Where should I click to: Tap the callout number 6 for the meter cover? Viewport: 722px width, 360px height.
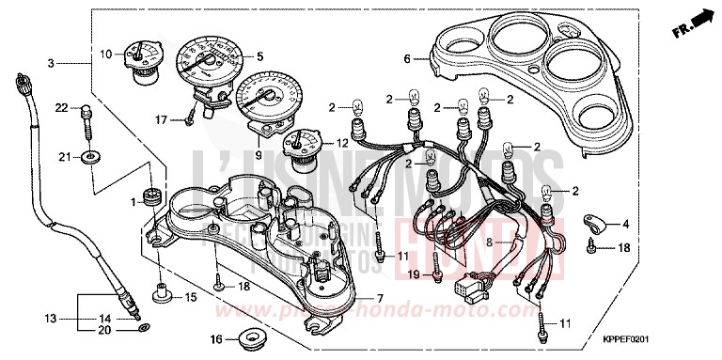tap(408, 58)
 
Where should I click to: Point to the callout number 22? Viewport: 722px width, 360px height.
tap(61, 109)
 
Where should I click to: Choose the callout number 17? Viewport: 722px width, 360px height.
tap(162, 119)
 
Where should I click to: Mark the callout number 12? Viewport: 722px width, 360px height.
tap(342, 143)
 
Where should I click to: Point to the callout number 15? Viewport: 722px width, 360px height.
tap(191, 298)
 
